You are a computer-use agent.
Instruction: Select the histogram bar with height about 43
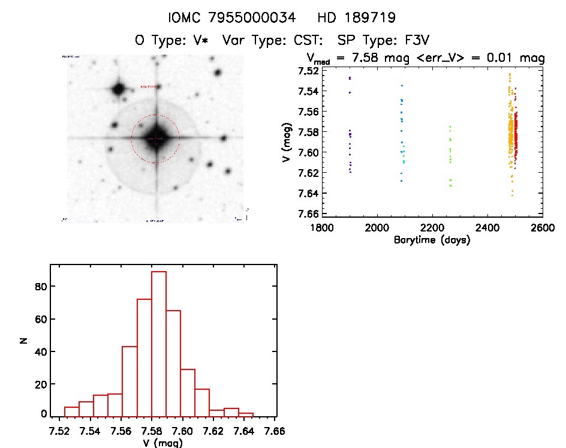coord(130,381)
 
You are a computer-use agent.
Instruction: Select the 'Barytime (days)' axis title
coord(432,240)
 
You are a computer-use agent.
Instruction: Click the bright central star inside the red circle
coord(155,139)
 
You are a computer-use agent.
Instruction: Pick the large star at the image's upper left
coord(118,90)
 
